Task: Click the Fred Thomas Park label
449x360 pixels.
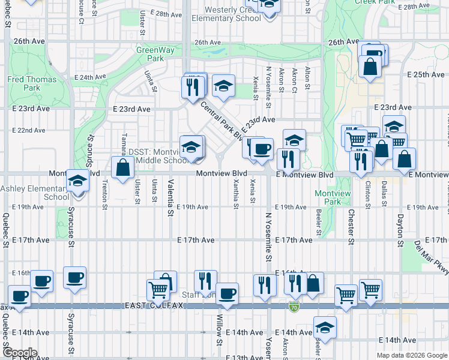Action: coord(32,83)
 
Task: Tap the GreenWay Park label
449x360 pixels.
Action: coord(150,55)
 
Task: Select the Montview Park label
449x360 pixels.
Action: coord(328,198)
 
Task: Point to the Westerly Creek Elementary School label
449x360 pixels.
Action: coord(226,14)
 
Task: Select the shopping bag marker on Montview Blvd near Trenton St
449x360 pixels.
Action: coord(122,169)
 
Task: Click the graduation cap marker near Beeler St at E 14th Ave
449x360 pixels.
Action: coord(325,328)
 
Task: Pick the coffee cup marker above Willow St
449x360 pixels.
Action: coord(227,293)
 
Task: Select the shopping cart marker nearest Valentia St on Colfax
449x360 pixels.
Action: coord(158,290)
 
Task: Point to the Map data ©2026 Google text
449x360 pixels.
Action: coord(412,355)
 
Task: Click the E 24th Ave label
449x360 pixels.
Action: coord(89,77)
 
